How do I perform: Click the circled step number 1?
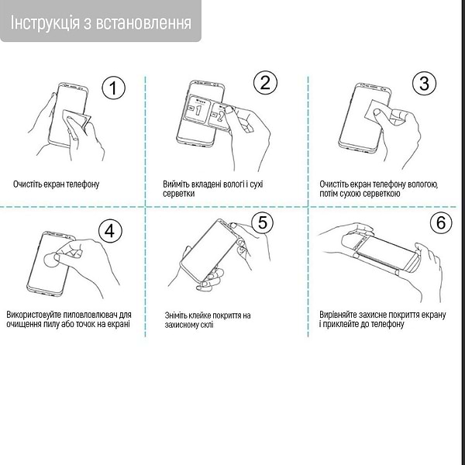click(113, 88)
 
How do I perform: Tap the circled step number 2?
click(265, 83)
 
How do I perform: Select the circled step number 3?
click(423, 84)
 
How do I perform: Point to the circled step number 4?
click(110, 231)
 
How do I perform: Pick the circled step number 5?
click(263, 223)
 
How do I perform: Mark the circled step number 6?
click(440, 223)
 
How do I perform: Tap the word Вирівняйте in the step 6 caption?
click(340, 315)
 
